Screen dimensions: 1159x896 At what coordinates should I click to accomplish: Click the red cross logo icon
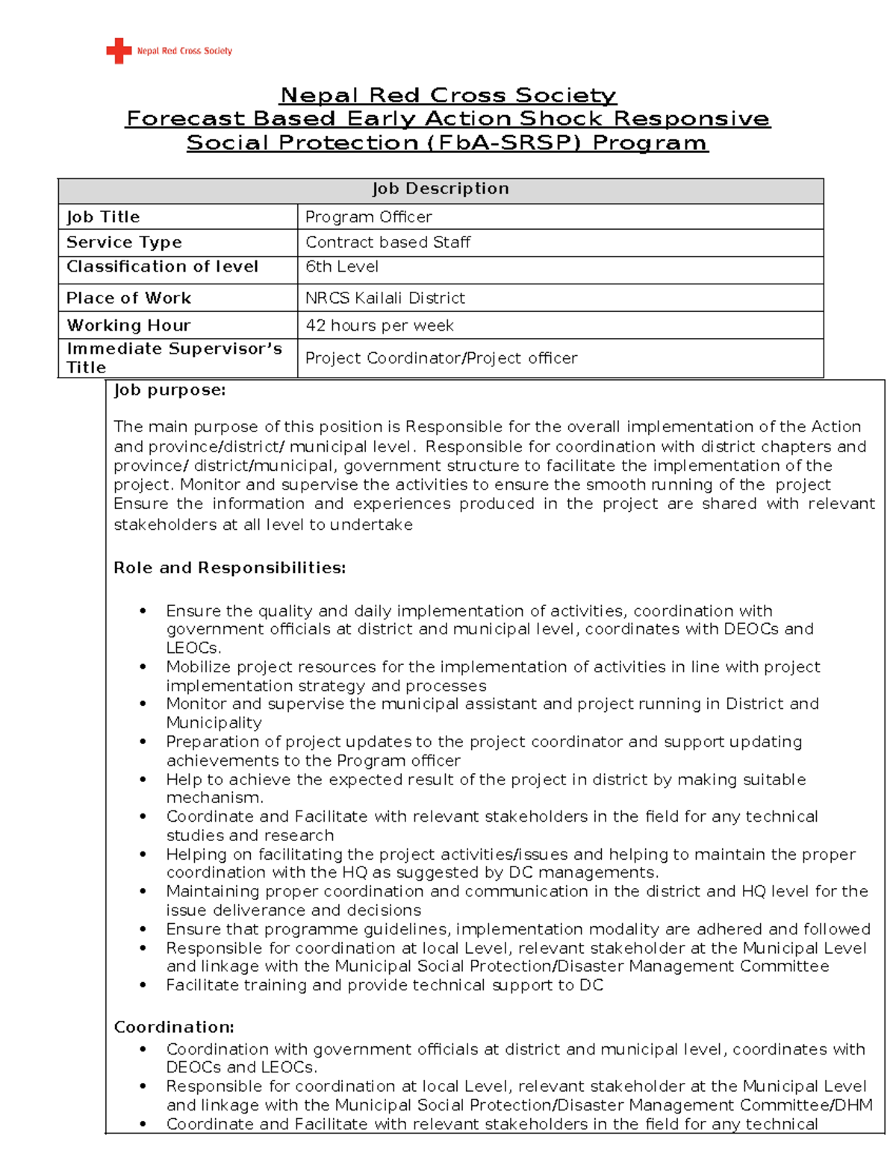click(118, 51)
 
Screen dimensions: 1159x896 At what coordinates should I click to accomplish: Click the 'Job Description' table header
click(441, 189)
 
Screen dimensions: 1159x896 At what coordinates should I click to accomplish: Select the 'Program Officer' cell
click(369, 217)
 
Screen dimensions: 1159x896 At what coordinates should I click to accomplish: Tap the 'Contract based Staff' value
click(388, 243)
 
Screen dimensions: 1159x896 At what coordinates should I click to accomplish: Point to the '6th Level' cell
click(342, 267)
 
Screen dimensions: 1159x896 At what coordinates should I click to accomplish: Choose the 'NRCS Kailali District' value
click(385, 299)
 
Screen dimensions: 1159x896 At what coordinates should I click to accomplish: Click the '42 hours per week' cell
click(379, 326)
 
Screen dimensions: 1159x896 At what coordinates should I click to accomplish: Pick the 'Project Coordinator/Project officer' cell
click(441, 358)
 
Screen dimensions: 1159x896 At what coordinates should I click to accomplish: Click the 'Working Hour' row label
click(128, 326)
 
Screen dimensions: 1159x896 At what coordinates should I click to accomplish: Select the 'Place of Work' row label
click(128, 299)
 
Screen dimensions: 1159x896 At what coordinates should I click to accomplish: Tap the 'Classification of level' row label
click(162, 267)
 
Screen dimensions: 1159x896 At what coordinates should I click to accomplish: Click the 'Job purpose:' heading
click(169, 390)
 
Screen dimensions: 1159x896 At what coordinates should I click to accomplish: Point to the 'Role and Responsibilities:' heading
click(229, 568)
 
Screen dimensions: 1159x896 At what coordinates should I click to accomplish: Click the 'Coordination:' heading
click(174, 1028)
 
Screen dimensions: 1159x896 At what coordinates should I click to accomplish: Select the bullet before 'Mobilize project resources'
click(143, 667)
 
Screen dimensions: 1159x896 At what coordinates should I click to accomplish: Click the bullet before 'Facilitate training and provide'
click(143, 985)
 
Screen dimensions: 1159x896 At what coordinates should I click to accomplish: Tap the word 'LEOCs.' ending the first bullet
click(193, 648)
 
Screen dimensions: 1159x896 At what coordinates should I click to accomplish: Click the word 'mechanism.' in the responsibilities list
click(204, 798)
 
